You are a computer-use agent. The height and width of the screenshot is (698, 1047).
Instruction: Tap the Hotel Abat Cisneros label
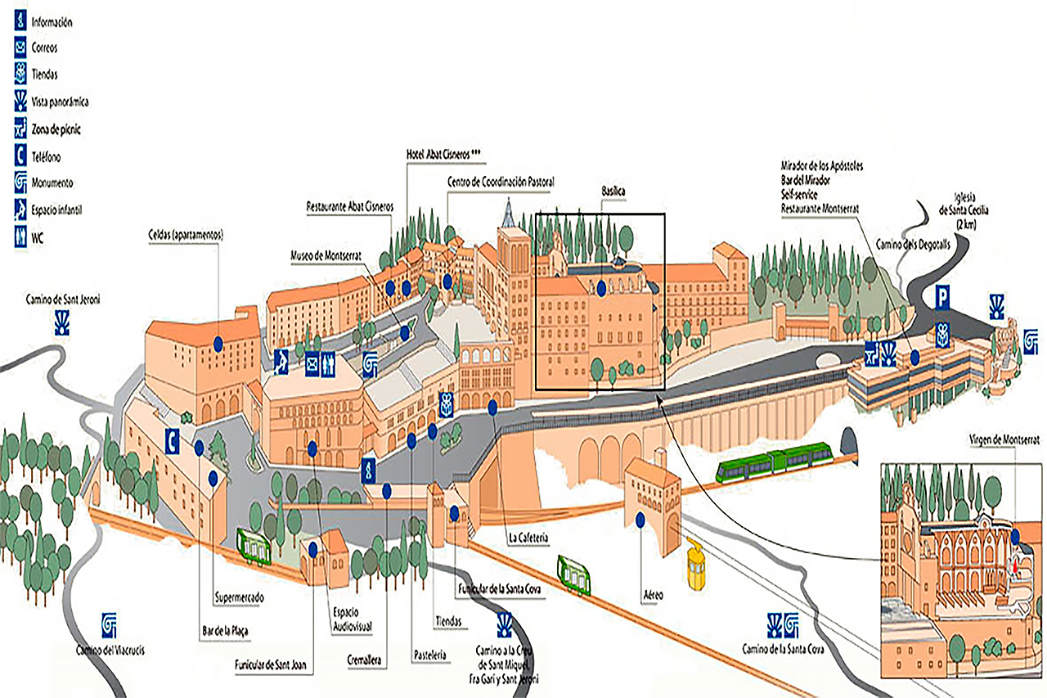pyautogui.click(x=443, y=153)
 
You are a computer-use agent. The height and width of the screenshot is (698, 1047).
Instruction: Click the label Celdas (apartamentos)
pyautogui.click(x=186, y=235)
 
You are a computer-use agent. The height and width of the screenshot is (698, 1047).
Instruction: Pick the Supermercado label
pyautogui.click(x=239, y=597)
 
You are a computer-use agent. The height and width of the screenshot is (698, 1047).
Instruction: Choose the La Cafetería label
pyautogui.click(x=527, y=538)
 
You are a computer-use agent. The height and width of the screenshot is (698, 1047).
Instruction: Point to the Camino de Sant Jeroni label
pyautogui.click(x=62, y=299)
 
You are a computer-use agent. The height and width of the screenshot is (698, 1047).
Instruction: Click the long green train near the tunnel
pyautogui.click(x=773, y=462)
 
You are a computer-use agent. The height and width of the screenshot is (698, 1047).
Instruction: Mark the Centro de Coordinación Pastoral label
pyautogui.click(x=501, y=182)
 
